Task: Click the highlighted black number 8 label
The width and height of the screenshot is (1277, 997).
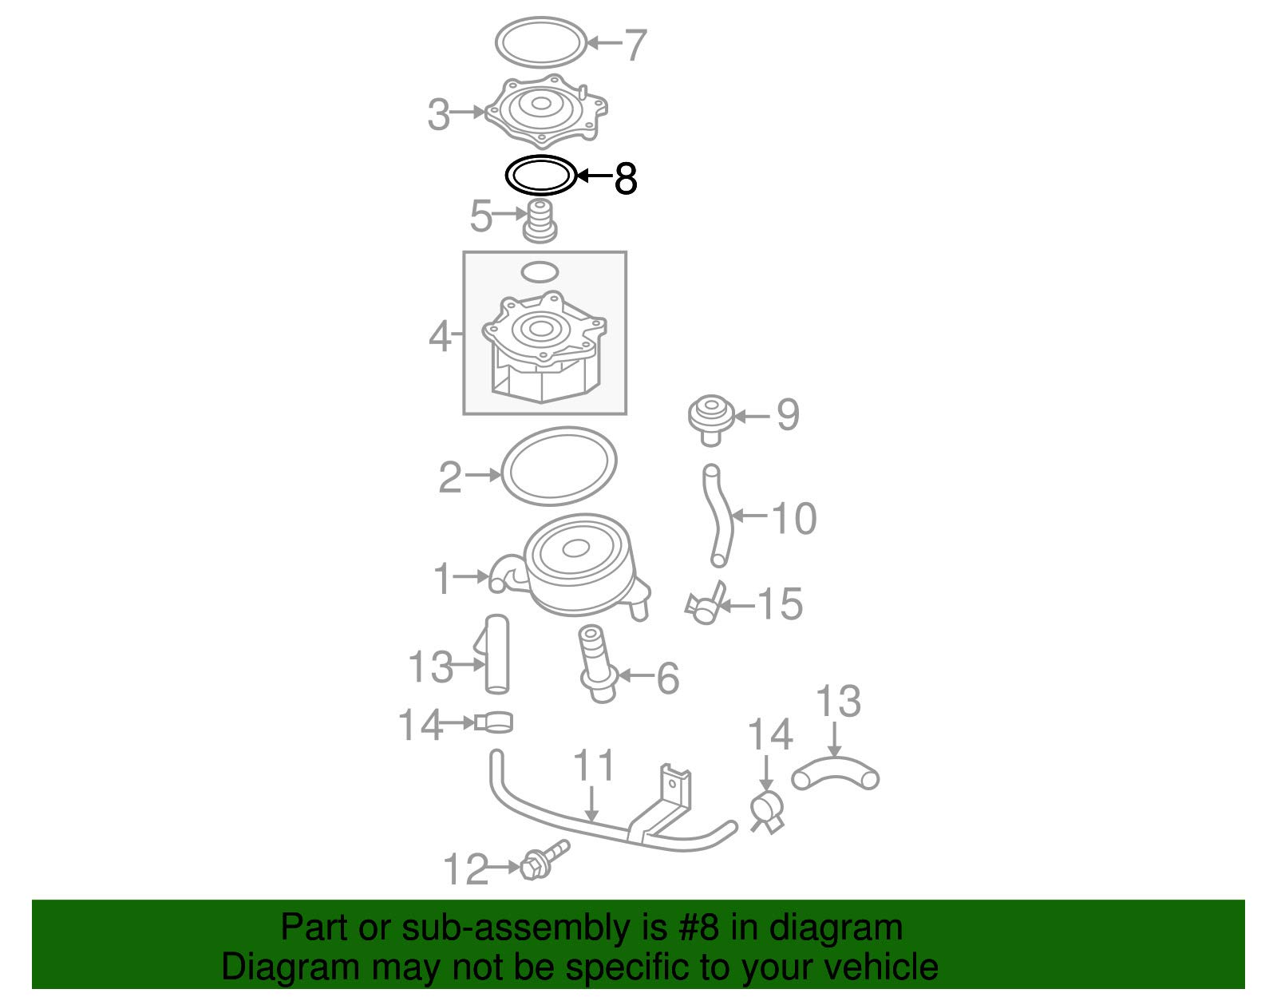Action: click(x=625, y=178)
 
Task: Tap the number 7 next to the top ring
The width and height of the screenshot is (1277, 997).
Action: click(x=635, y=45)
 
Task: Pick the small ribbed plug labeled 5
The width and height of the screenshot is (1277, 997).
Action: click(x=540, y=221)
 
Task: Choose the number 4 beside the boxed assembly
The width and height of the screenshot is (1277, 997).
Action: click(x=440, y=337)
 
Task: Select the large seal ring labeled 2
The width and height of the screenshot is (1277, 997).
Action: click(x=504, y=466)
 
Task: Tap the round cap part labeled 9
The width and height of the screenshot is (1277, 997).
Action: click(x=711, y=418)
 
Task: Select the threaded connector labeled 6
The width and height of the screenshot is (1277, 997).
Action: click(x=596, y=663)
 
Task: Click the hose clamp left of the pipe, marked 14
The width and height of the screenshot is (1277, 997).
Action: click(x=493, y=722)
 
